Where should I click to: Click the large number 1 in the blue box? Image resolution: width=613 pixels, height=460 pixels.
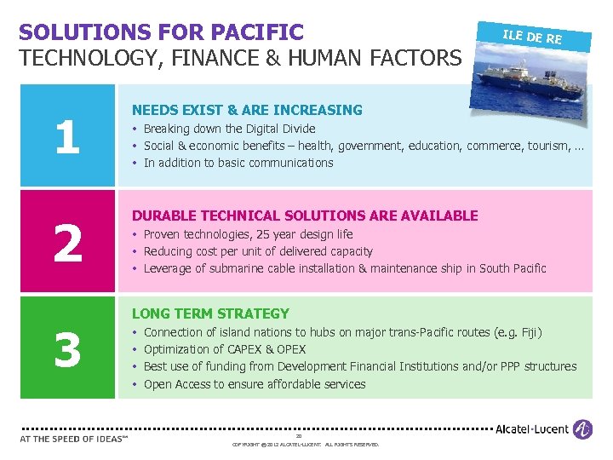click(x=67, y=137)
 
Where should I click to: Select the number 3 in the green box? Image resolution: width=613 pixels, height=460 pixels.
click(x=67, y=350)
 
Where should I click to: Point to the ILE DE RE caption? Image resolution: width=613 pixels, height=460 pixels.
click(x=532, y=37)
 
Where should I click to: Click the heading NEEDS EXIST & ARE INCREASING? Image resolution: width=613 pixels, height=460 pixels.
click(x=247, y=110)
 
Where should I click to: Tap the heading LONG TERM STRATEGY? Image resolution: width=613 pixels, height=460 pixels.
click(x=210, y=313)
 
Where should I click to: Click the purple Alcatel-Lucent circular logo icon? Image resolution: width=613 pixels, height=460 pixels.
click(x=583, y=429)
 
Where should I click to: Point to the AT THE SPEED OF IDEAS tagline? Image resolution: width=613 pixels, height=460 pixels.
click(x=73, y=440)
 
